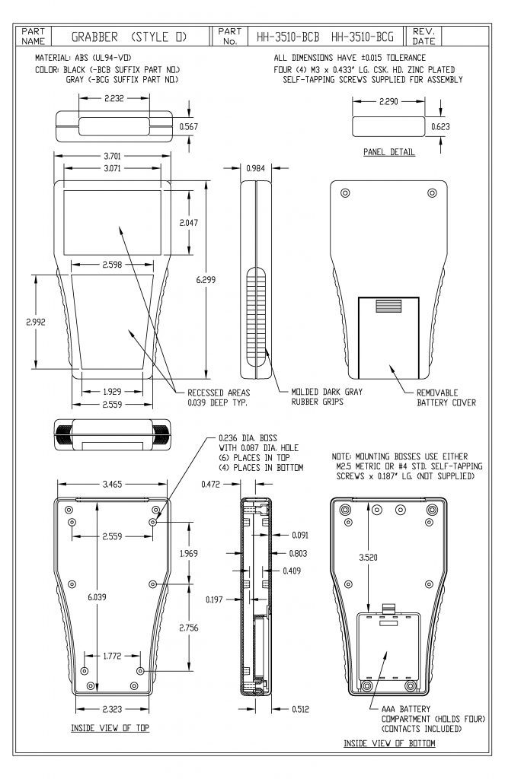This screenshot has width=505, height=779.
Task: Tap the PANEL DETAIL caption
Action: pyautogui.click(x=388, y=152)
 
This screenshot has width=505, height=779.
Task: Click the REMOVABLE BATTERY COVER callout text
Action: pyautogui.click(x=446, y=398)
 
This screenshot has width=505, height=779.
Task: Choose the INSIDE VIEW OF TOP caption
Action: pyautogui.click(x=110, y=728)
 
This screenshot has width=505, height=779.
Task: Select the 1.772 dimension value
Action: pyautogui.click(x=110, y=655)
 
